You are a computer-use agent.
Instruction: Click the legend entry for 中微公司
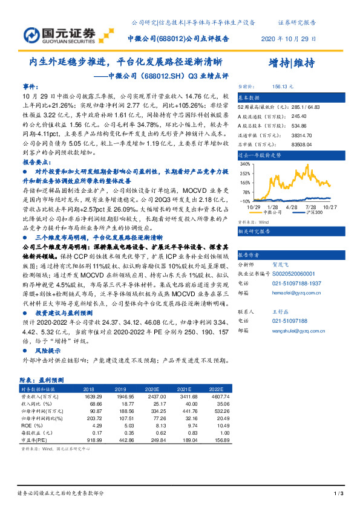coord(270,213)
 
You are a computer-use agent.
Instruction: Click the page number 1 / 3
coord(338,494)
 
